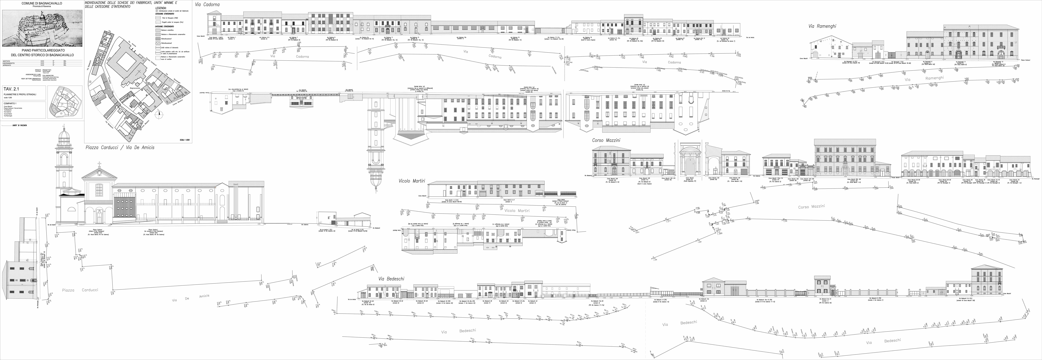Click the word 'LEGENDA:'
point(161,8)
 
